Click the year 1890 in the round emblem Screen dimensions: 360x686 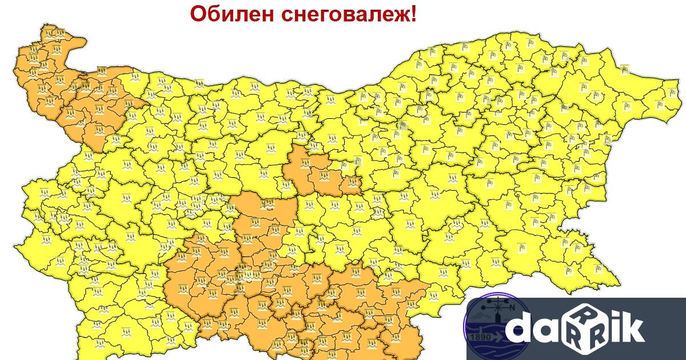click(480, 337)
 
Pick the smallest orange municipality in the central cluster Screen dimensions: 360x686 click(352, 183)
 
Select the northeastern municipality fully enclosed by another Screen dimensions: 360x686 click(517, 91)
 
